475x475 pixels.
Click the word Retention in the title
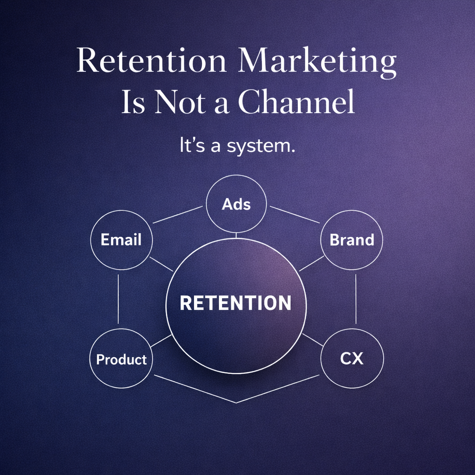[152, 61]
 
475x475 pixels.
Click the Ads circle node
[236, 204]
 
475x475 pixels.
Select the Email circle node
[121, 240]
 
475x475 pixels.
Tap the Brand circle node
[352, 240]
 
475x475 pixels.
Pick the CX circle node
[352, 359]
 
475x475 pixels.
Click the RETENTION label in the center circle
[236, 303]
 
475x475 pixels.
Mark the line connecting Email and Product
[118, 299]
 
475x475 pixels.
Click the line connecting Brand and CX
[355, 299]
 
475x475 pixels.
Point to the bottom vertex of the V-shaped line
[237, 402]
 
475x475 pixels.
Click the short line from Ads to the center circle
[236, 235]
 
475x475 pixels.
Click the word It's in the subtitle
[191, 147]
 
